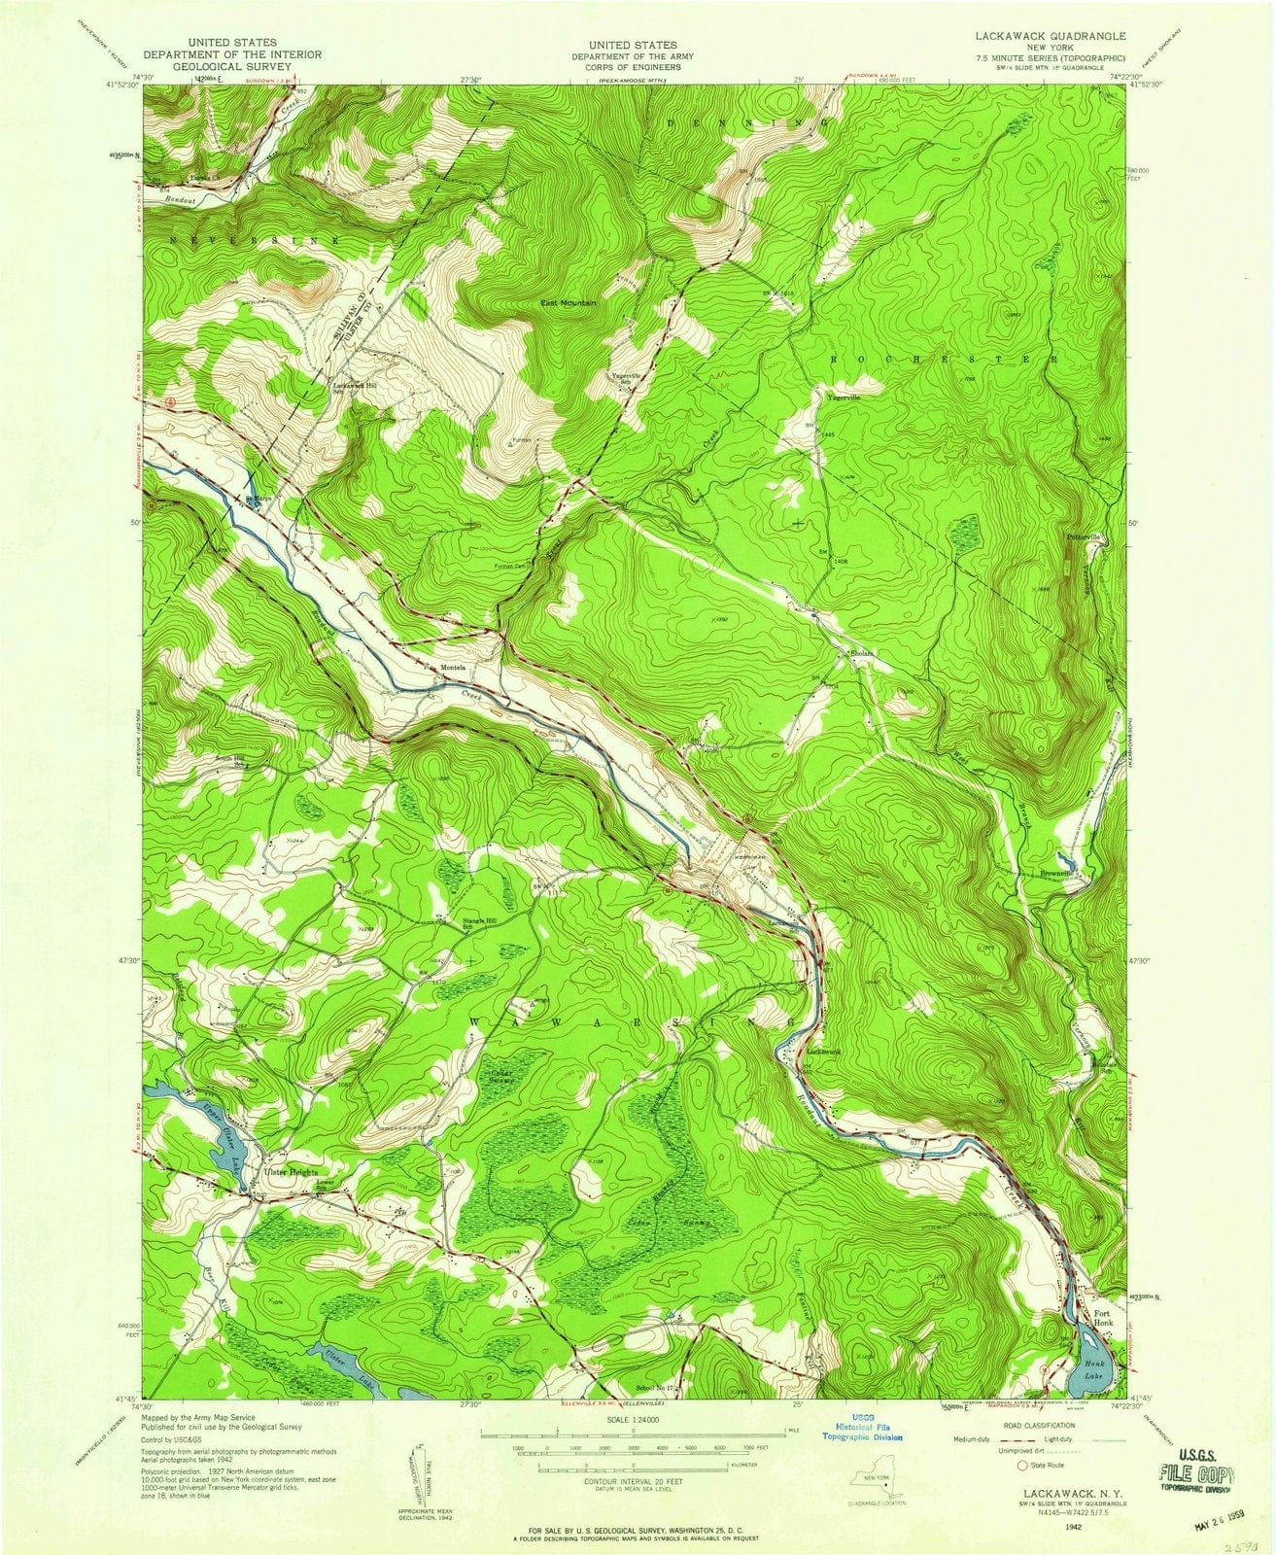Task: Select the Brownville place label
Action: click(1056, 874)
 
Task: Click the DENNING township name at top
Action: click(748, 123)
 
